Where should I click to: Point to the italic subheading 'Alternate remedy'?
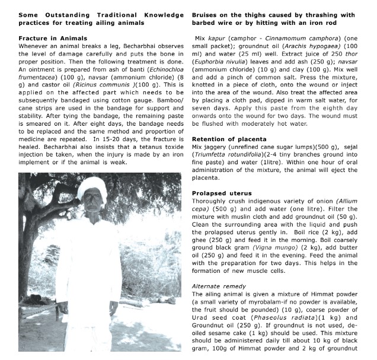pos(219,286)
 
